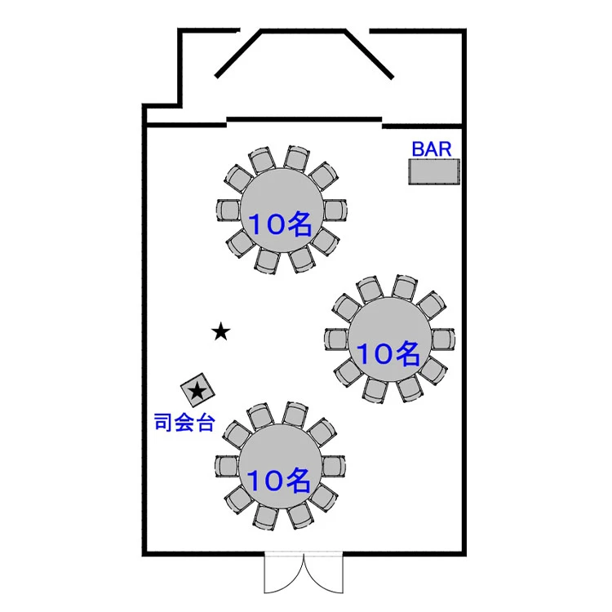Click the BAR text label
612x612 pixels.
[x=432, y=149]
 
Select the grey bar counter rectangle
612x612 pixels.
[x=434, y=171]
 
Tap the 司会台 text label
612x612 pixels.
[x=184, y=422]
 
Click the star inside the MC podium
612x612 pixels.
[x=197, y=391]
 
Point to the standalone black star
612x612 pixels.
[x=221, y=332]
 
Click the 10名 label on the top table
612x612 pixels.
[x=280, y=224]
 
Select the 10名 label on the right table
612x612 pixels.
[x=388, y=353]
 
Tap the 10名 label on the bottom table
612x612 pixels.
[x=279, y=480]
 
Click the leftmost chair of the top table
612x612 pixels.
[x=228, y=211]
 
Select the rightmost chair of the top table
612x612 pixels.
[x=335, y=211]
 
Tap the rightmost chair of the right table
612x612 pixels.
[x=443, y=339]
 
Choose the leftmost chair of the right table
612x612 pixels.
[x=336, y=339]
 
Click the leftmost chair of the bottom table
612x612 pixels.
[x=227, y=466]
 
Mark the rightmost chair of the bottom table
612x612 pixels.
[x=334, y=466]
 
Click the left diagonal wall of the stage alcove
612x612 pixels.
[x=238, y=54]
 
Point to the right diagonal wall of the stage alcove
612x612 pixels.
[x=369, y=54]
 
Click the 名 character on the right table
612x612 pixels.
[x=404, y=353]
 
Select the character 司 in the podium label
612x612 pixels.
[x=163, y=422]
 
